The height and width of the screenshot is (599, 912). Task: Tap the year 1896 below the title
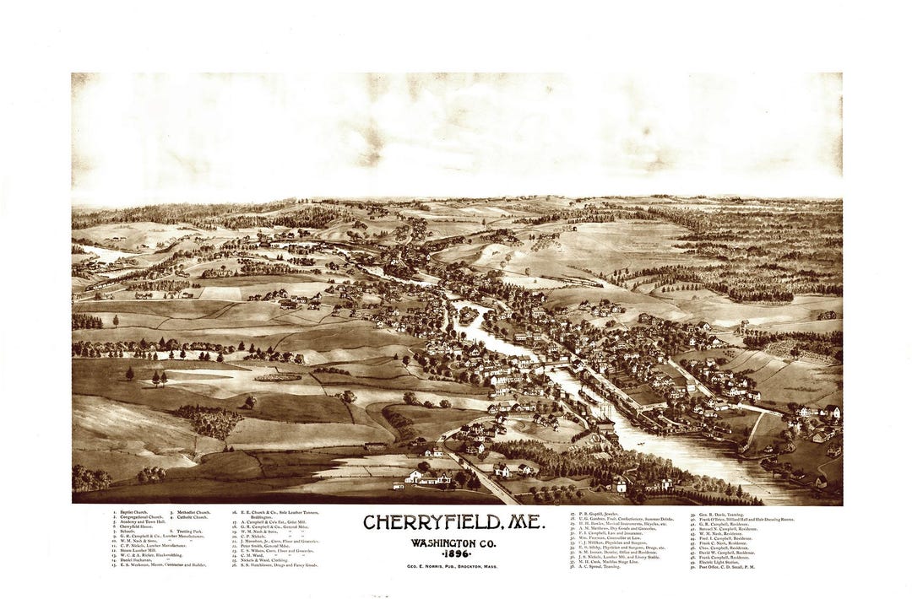point(453,555)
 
